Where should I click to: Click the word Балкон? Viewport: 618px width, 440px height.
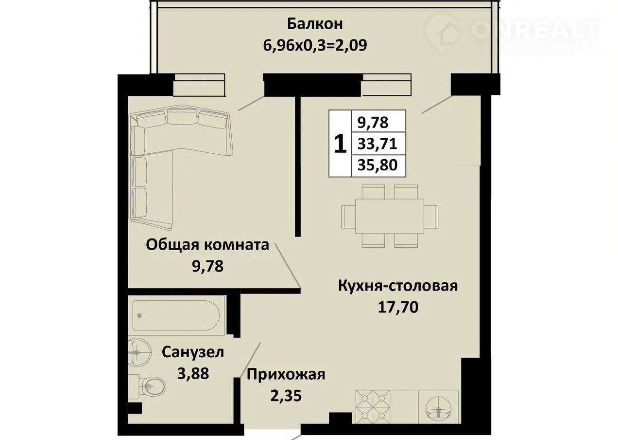315,24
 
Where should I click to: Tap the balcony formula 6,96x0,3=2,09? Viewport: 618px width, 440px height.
315,46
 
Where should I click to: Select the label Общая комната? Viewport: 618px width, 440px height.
207,245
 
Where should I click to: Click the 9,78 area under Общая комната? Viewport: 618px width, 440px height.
207,267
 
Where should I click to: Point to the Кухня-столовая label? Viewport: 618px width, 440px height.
398,286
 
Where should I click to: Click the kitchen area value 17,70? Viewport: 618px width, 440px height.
398,307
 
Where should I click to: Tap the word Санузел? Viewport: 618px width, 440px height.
192,352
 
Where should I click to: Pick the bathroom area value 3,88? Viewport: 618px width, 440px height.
193,374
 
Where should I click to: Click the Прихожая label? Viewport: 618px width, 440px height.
286,375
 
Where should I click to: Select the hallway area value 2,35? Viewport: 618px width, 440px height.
286,396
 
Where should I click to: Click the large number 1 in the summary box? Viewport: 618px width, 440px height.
340,144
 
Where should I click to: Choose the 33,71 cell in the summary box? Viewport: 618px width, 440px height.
377,144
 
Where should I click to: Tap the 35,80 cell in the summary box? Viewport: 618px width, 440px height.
378,165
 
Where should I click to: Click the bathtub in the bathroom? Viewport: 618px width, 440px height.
176,315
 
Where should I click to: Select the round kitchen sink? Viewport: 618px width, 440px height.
439,409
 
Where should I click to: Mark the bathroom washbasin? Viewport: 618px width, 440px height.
139,352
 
